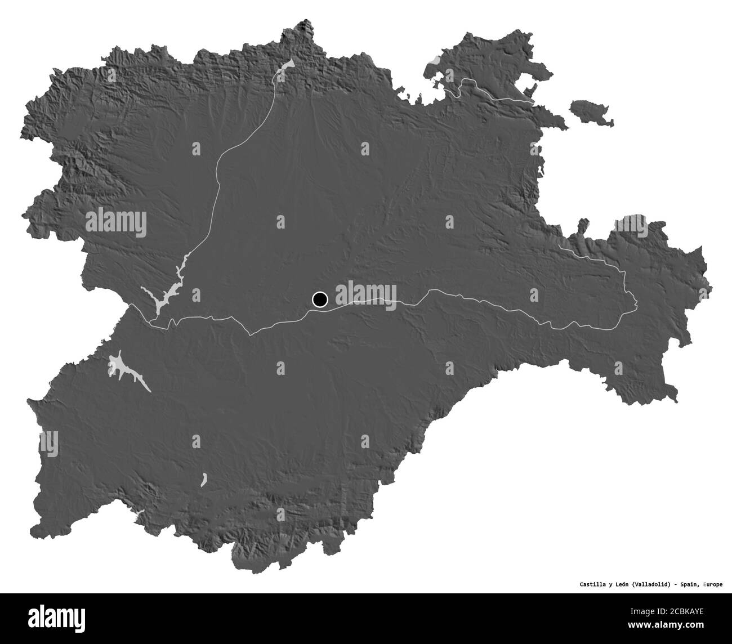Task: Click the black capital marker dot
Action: click(320, 299)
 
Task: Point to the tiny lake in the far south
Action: click(203, 479)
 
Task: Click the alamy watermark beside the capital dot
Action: click(367, 295)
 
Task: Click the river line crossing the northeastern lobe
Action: click(496, 93)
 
